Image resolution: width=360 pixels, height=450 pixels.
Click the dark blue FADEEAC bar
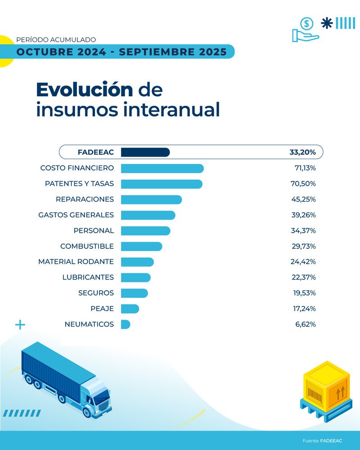point(145,153)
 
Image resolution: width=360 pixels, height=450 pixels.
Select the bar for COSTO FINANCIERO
point(162,168)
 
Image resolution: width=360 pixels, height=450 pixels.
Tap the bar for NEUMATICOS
point(126,324)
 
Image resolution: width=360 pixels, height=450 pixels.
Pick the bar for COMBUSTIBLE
point(141,246)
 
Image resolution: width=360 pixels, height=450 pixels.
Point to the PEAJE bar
point(130,308)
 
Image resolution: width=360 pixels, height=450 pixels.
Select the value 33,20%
point(302,153)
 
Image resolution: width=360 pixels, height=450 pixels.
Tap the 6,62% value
point(305,324)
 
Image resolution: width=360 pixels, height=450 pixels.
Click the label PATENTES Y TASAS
point(79,184)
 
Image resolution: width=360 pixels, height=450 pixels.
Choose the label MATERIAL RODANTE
point(76,261)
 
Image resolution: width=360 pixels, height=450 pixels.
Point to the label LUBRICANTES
point(88,277)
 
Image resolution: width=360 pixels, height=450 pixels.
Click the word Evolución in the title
point(85,90)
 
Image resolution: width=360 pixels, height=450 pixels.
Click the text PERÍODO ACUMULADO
point(56,40)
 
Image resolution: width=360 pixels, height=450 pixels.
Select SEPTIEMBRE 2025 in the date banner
point(173,52)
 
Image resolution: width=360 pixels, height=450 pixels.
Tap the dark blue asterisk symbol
point(327,23)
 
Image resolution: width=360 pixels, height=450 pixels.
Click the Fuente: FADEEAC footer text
point(322,441)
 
